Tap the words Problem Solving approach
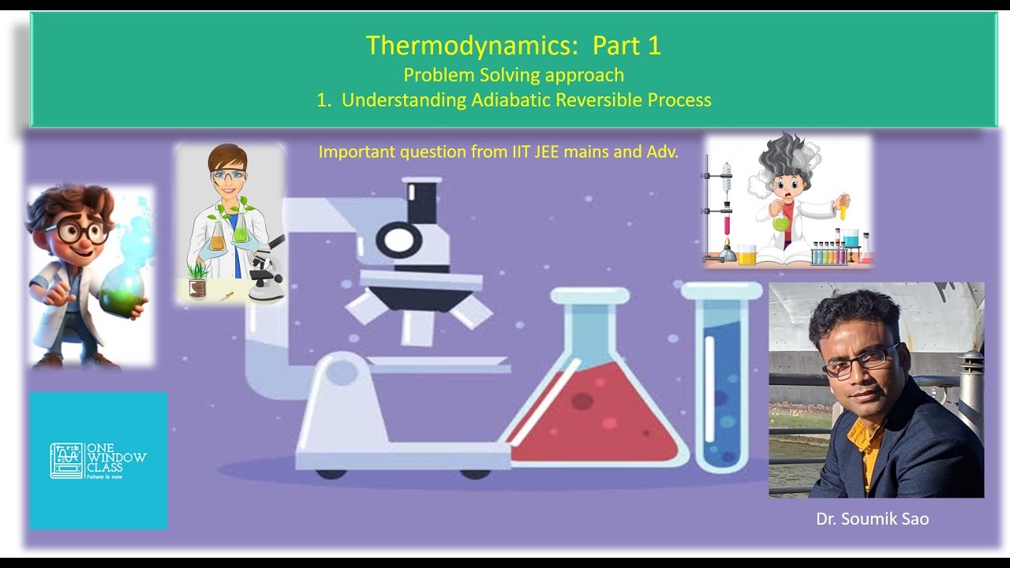pyautogui.click(x=514, y=75)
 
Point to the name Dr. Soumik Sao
pyautogui.click(x=872, y=519)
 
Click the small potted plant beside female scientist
pyautogui.click(x=197, y=280)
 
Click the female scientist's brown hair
pyautogui.click(x=227, y=157)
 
